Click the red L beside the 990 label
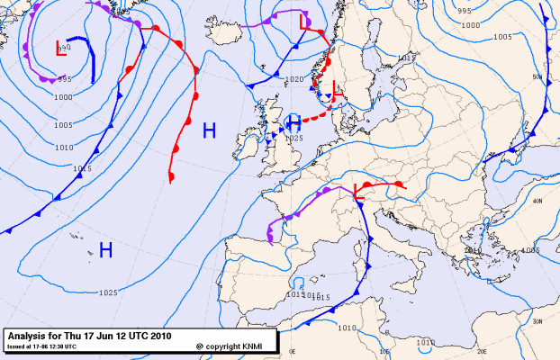coord(62,49)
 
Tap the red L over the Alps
coord(360,191)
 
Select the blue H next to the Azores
coord(105,249)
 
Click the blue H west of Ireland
coord(209,130)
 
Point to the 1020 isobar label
coord(294,79)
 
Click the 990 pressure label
coord(64,78)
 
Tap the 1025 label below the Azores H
coord(109,292)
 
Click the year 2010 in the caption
coord(159,334)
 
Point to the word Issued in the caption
coord(16,346)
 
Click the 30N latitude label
coord(537,321)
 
